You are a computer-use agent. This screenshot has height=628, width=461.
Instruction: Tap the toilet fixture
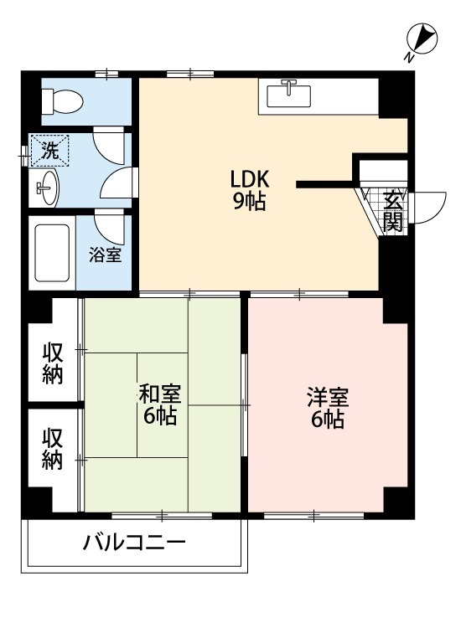62,103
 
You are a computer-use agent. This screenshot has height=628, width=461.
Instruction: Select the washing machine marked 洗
50,152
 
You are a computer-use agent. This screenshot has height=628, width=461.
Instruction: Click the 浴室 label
106,254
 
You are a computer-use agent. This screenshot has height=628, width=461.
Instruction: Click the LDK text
250,179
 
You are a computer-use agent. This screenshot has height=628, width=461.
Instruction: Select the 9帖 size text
249,201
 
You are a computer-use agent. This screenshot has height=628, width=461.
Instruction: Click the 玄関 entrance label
393,210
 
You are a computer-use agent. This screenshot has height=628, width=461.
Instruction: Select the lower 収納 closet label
53,449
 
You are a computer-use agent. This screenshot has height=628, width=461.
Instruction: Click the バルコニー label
134,543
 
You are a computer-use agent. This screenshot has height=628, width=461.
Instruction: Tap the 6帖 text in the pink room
327,420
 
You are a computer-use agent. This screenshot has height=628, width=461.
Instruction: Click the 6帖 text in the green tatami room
159,416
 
